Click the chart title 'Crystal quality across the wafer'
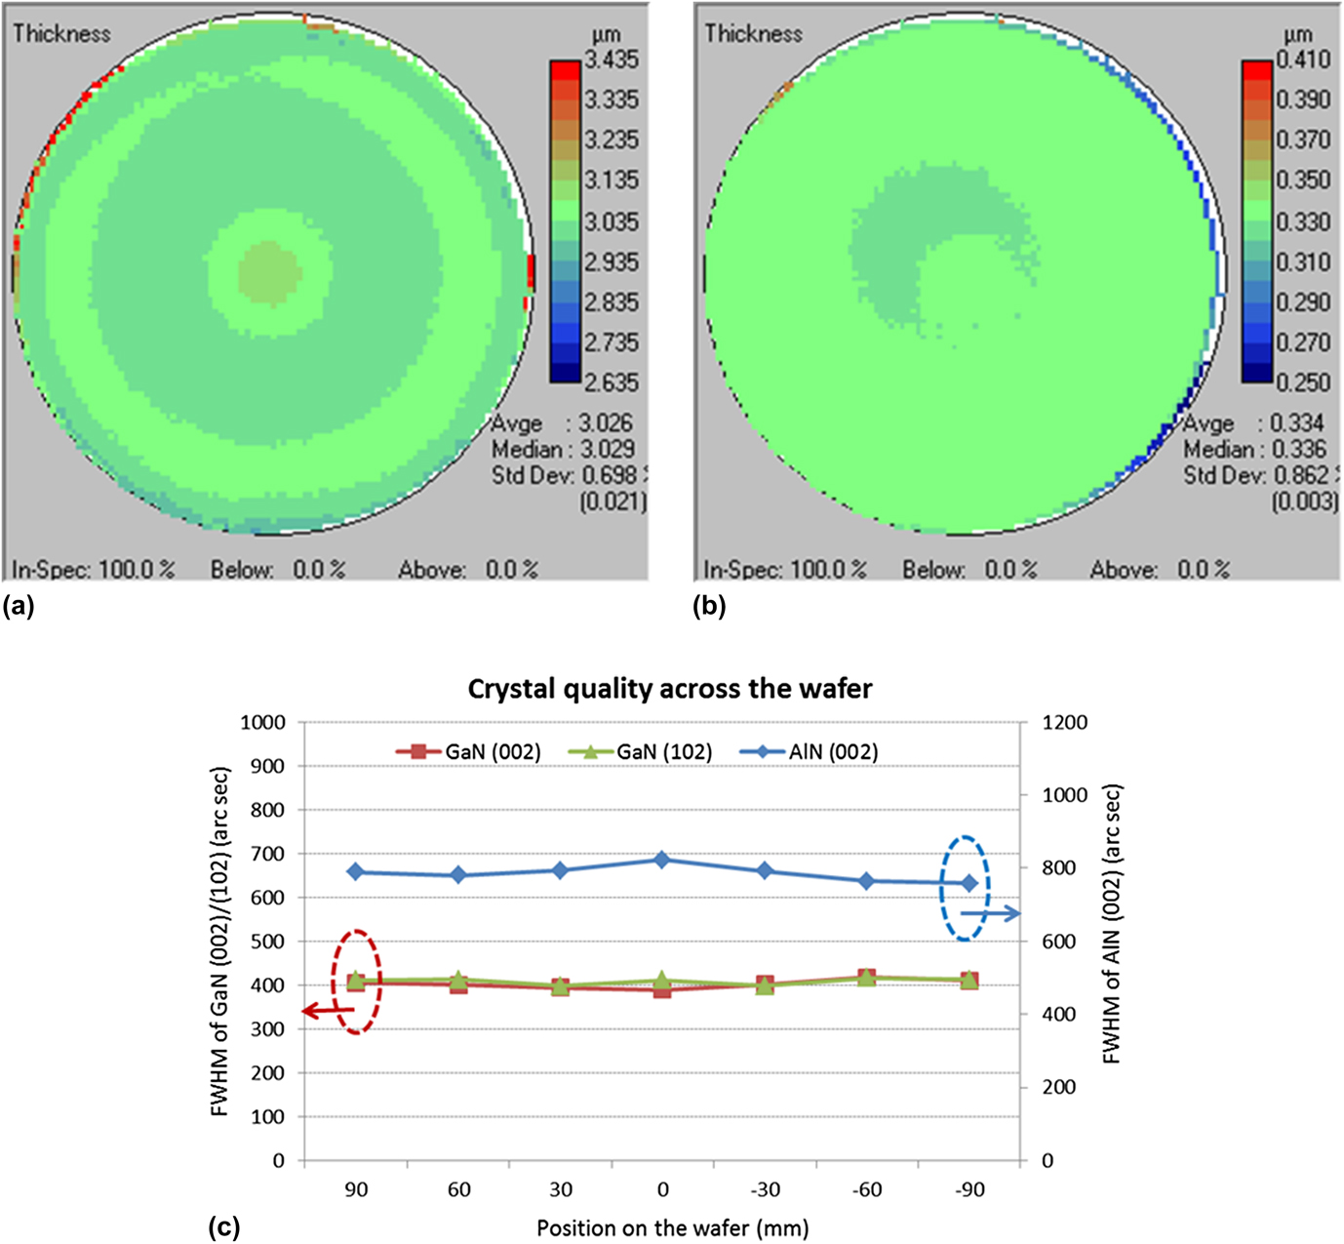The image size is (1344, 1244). tap(669, 689)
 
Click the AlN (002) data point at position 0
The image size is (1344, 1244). tap(662, 860)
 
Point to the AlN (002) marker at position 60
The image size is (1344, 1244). tap(458, 875)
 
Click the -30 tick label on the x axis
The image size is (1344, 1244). tap(765, 1189)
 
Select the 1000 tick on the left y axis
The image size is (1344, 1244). tap(263, 723)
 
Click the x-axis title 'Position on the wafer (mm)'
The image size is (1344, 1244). tap(672, 1227)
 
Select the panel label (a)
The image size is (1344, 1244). tap(19, 607)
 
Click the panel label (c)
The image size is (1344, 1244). tap(224, 1226)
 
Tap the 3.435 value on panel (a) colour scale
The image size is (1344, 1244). tap(612, 60)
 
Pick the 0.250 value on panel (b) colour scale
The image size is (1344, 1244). tap(1304, 382)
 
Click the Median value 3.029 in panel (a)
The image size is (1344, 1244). tap(606, 450)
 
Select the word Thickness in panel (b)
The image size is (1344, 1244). tap(753, 33)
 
